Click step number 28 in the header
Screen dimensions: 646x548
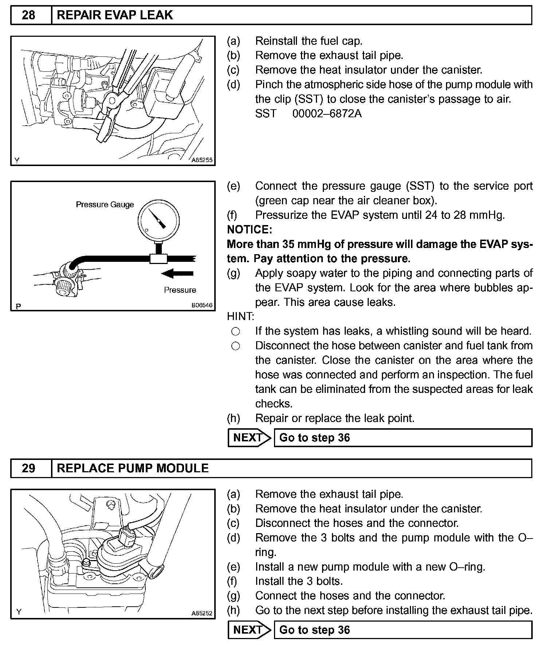[29, 15]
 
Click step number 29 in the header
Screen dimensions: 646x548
[29, 468]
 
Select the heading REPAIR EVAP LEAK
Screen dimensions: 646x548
[115, 15]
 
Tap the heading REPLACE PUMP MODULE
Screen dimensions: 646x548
[133, 468]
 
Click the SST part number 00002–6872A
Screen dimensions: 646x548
[327, 114]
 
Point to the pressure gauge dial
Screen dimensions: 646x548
[158, 220]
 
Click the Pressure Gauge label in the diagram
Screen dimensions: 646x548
[105, 205]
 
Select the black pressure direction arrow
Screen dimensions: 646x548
[177, 273]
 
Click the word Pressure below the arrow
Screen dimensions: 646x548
[180, 290]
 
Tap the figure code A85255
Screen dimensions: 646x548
[202, 160]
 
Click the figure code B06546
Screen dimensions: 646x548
[202, 305]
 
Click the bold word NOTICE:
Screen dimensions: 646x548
[249, 229]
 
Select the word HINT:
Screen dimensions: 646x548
[240, 316]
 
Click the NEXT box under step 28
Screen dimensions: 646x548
[249, 437]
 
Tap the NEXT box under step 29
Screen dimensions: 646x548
[249, 630]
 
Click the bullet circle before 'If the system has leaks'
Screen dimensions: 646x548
[236, 331]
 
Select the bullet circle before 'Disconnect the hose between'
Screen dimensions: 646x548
[236, 346]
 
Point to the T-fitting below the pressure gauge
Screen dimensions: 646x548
[158, 259]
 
